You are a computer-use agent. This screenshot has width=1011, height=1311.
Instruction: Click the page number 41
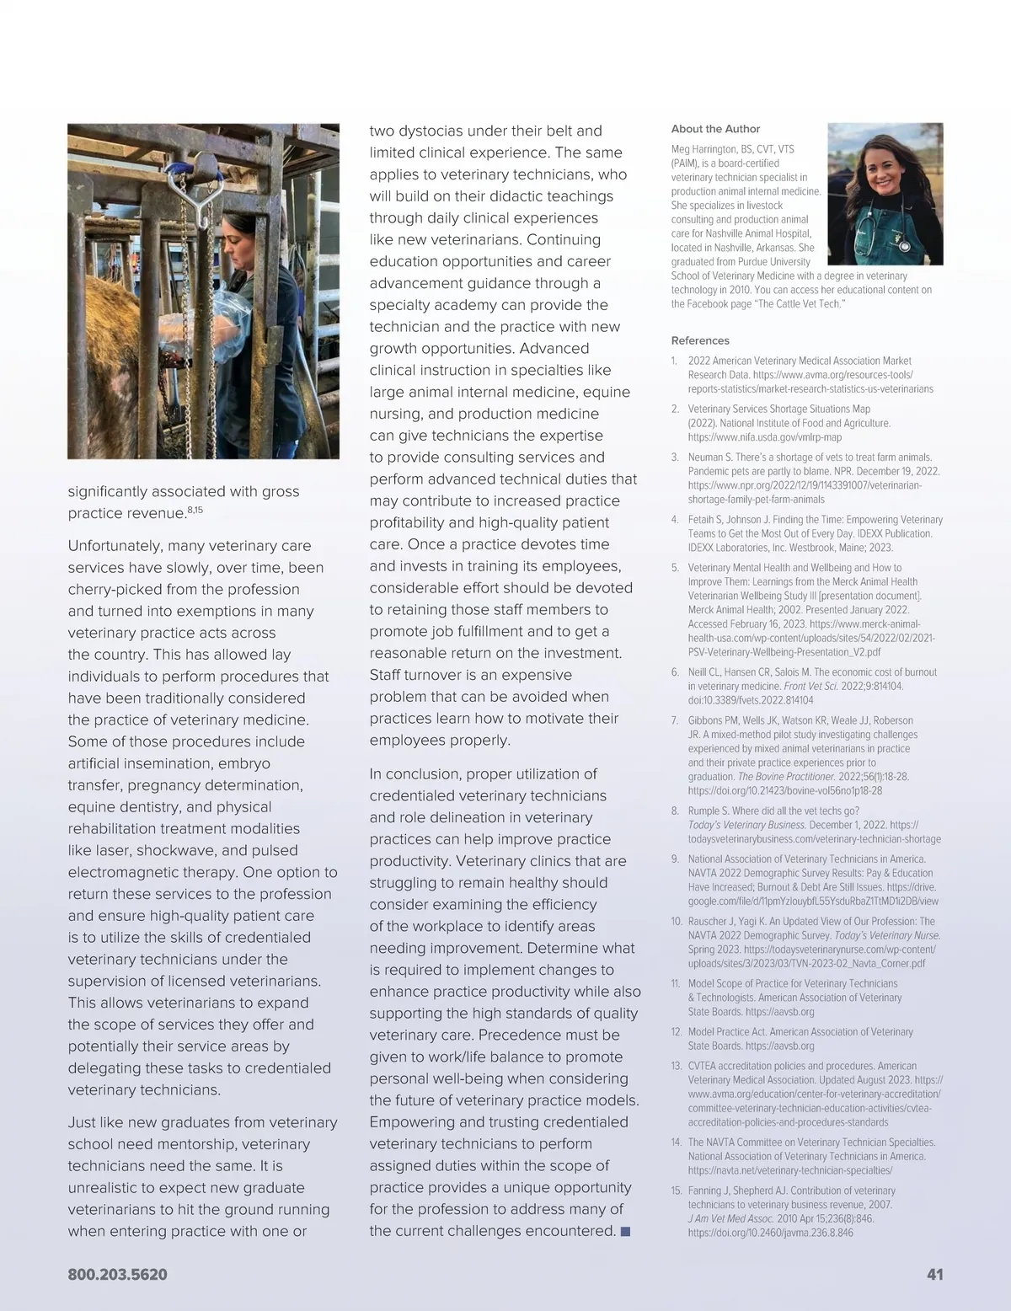(934, 1275)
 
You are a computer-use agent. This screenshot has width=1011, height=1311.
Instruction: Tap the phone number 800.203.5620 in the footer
(117, 1275)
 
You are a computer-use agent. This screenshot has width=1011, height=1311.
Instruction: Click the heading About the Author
(715, 129)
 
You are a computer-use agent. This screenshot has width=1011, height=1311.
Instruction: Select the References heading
(700, 340)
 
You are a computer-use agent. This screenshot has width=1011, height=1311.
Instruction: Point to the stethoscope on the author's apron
(903, 245)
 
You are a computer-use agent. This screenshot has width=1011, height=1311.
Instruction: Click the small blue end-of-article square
(625, 1232)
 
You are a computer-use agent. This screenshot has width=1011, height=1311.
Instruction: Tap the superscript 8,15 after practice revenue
(195, 510)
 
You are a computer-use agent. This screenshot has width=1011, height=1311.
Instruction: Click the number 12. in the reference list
(677, 1031)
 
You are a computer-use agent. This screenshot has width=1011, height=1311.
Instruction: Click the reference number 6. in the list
(676, 672)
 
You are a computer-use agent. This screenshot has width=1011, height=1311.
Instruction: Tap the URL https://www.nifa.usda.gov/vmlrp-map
(764, 437)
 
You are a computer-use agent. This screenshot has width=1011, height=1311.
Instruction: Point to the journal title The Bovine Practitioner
(786, 777)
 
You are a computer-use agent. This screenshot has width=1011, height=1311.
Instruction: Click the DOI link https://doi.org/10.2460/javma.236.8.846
(770, 1233)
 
